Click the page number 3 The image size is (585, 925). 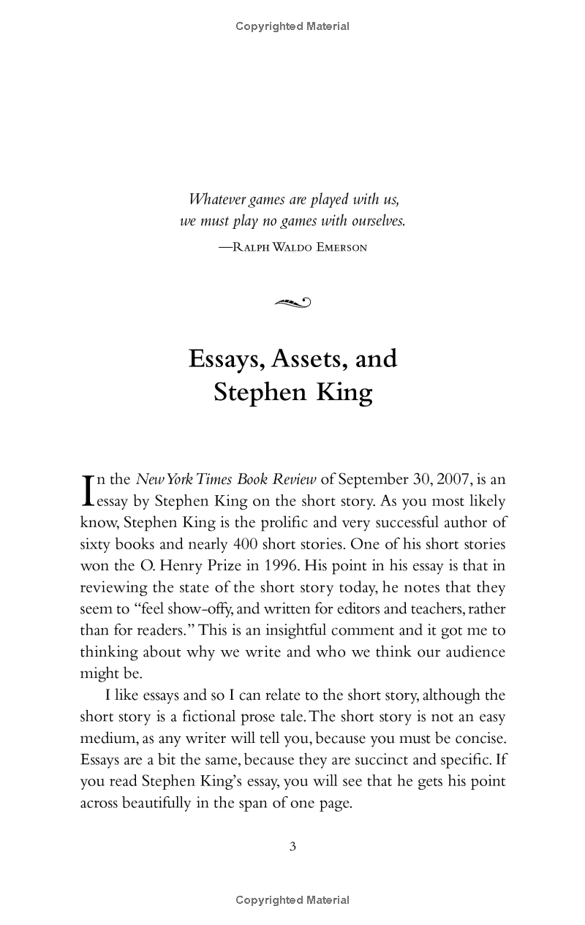[292, 847]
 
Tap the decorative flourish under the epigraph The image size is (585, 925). [292, 301]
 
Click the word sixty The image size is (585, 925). [96, 544]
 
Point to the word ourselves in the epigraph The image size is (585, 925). [375, 220]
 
